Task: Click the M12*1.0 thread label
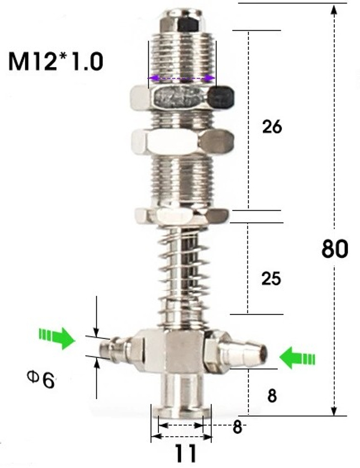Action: (56, 61)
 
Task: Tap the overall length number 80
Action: (335, 248)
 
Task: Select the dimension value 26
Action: (272, 127)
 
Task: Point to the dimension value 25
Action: (271, 278)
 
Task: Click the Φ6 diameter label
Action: (41, 379)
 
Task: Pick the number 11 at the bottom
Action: (185, 453)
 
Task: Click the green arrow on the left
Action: (57, 338)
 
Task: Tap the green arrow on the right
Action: (298, 357)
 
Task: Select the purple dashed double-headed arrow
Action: (182, 79)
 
